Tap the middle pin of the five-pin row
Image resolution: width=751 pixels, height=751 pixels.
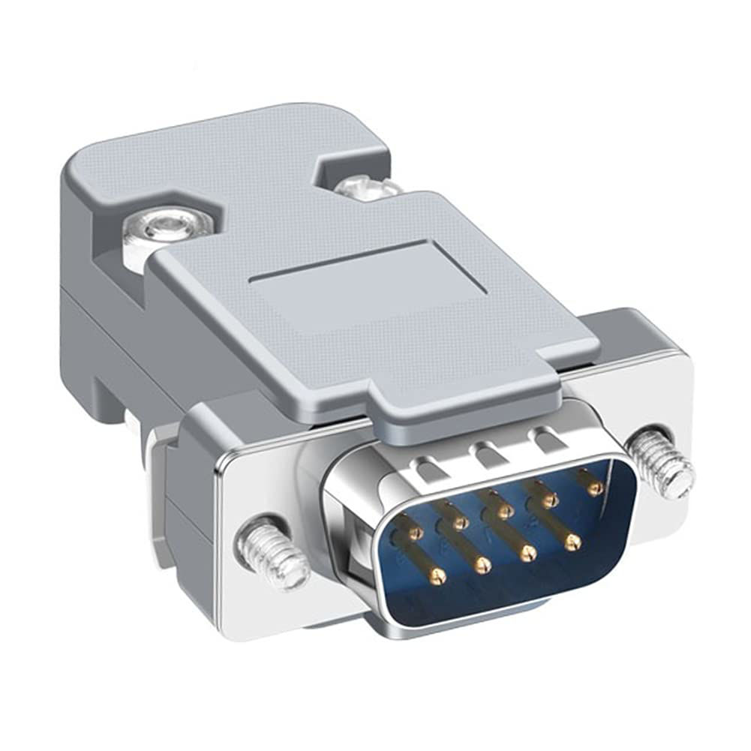coord(505,512)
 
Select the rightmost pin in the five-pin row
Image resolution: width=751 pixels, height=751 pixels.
coord(595,488)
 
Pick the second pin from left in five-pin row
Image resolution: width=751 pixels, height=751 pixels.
coord(460,522)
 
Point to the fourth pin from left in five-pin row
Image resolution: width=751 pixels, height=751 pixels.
coord(551,500)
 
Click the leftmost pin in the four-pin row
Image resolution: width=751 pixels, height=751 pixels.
coord(437,575)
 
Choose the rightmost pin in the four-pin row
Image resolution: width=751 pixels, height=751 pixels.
coord(573,541)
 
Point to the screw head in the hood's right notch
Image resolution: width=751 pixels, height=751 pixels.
coord(366,185)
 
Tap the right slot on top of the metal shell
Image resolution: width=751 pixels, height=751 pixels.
coord(543,438)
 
